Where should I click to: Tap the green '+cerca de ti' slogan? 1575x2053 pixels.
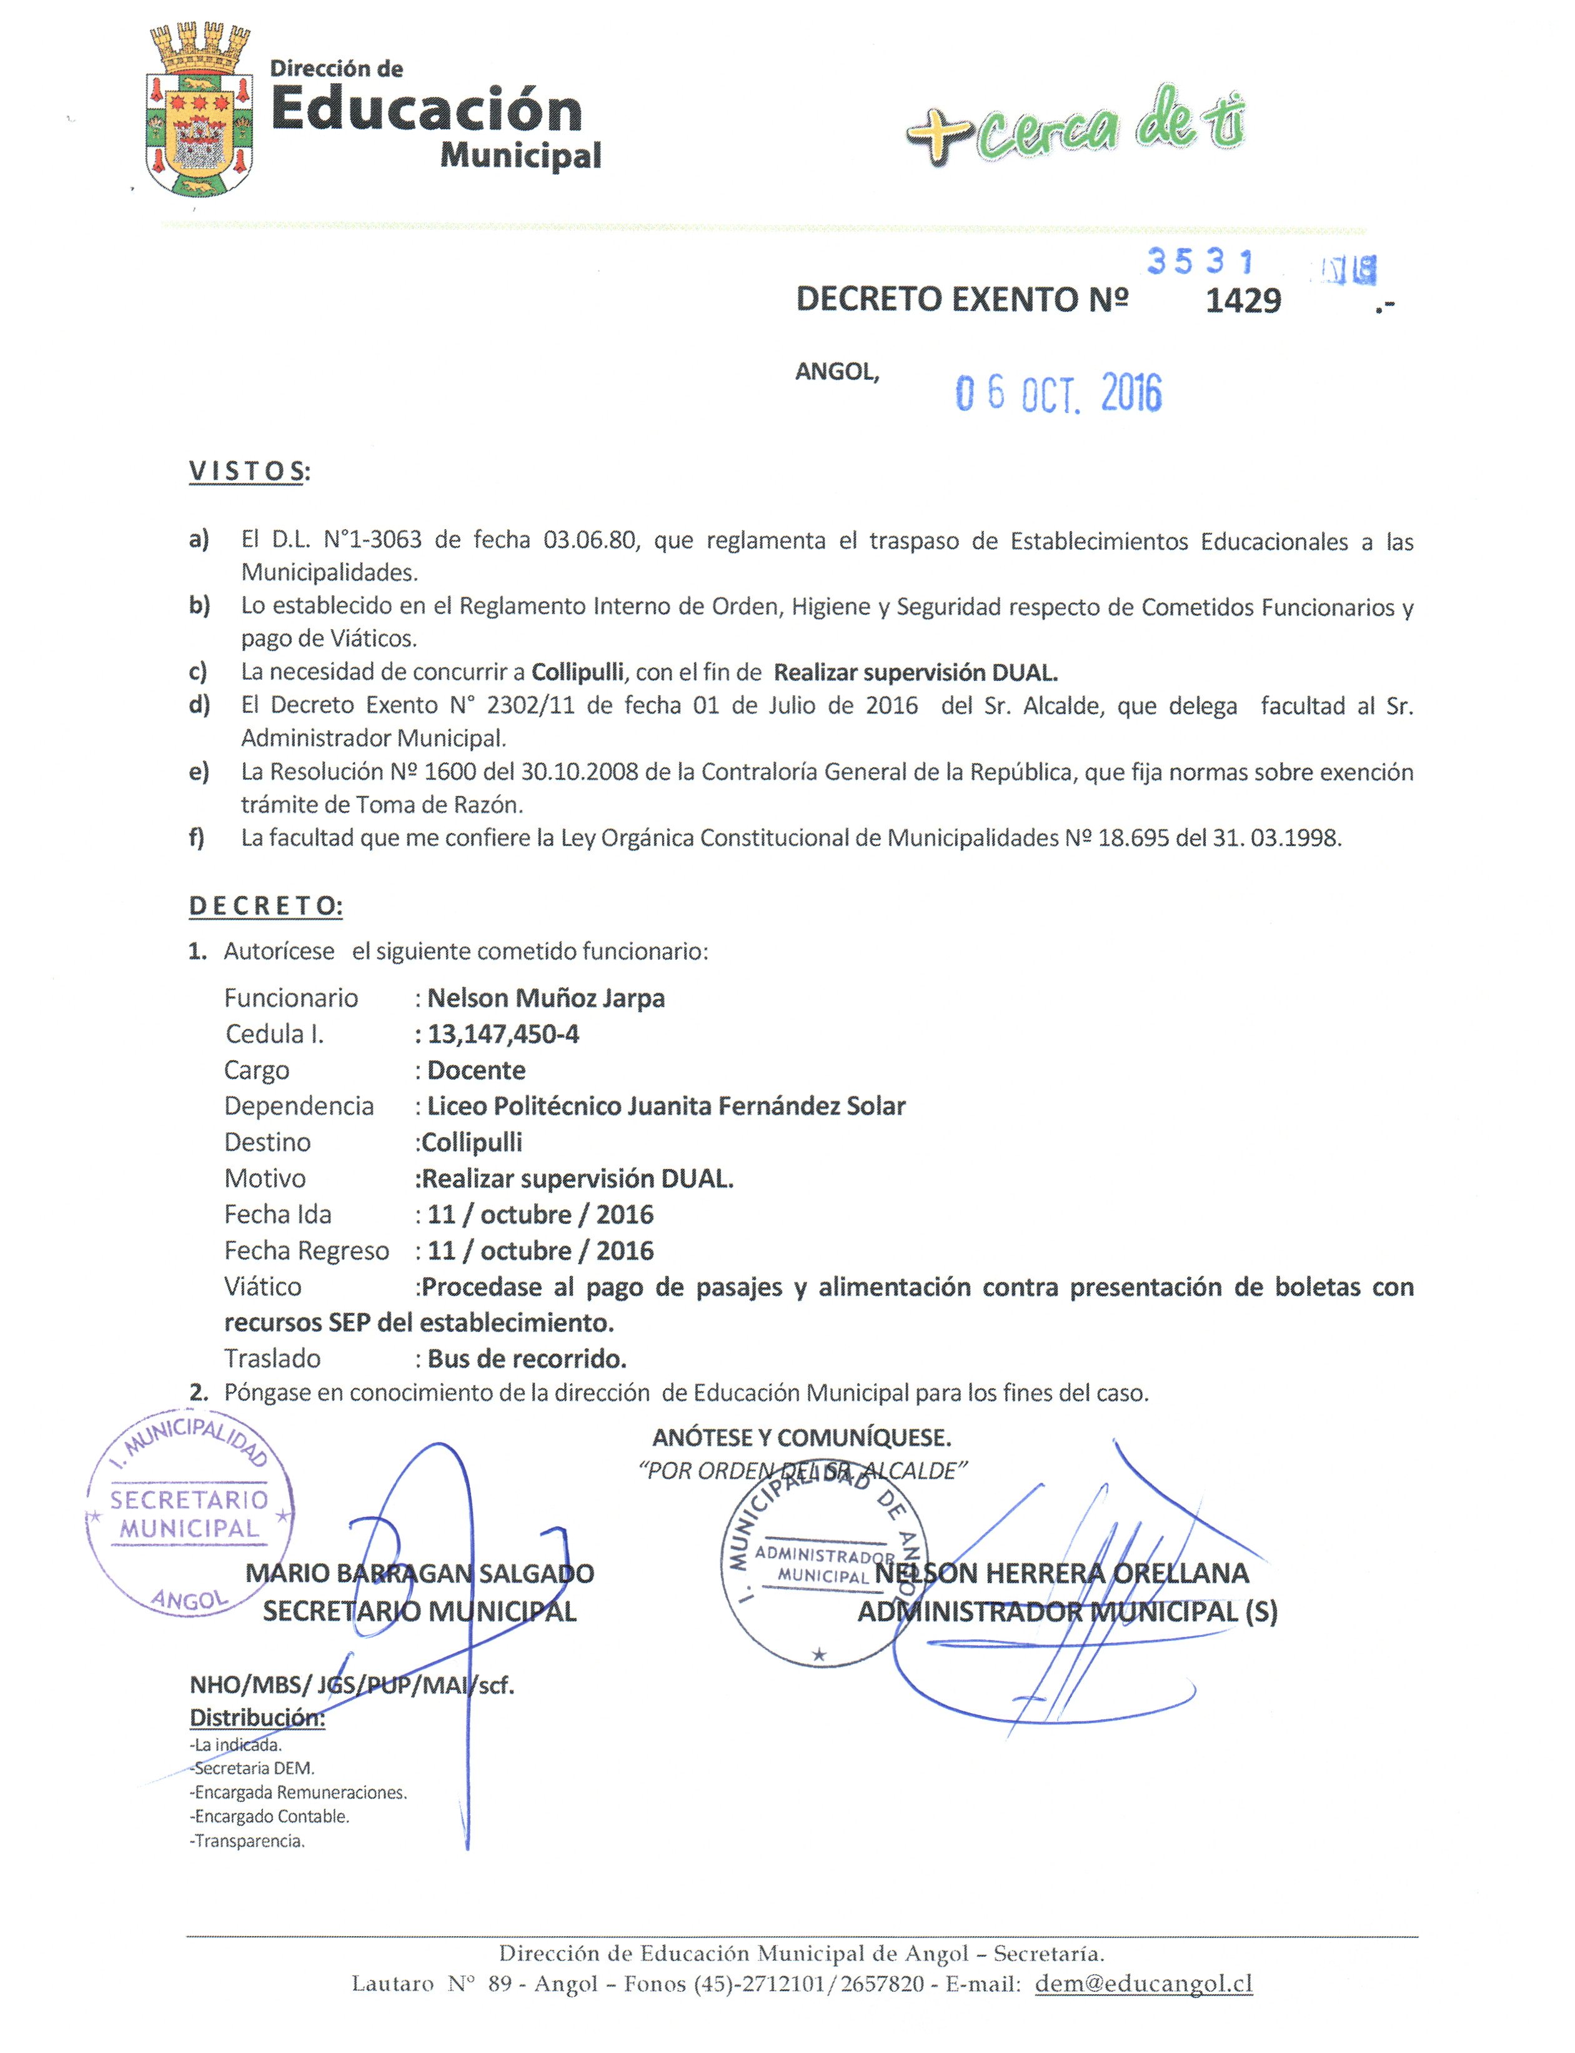click(1076, 127)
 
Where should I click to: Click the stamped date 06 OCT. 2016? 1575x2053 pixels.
click(1058, 394)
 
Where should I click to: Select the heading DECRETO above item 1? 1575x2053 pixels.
click(266, 907)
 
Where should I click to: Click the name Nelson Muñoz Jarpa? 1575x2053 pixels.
click(545, 998)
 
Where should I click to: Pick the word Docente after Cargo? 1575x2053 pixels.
click(476, 1071)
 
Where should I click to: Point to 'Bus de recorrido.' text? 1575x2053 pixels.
click(527, 1360)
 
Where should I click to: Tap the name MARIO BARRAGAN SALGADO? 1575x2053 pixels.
click(419, 1574)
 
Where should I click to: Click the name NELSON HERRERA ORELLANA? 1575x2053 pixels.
click(1061, 1574)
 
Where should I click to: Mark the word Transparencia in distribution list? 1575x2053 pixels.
click(249, 1841)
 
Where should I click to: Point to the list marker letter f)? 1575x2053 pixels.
click(197, 838)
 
